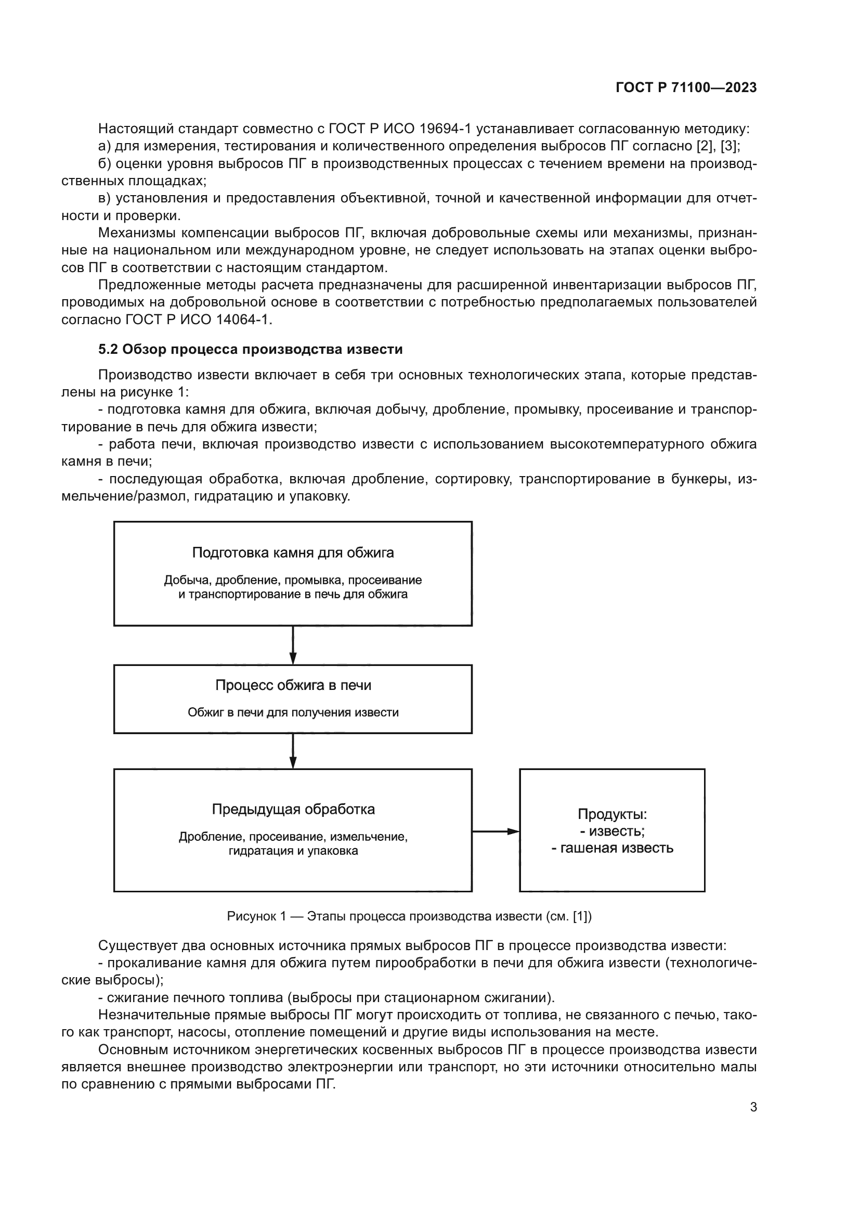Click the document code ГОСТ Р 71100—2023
coord(686,88)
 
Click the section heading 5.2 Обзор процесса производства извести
coord(251,349)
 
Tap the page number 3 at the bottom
coord(753,1107)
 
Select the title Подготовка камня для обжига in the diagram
coord(293,553)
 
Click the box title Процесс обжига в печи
coord(293,685)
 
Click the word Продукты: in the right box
coord(612,814)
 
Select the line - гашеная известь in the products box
coord(612,848)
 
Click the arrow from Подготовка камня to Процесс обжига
coord(293,645)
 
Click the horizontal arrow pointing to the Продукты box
coord(495,831)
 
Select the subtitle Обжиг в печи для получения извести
coord(293,712)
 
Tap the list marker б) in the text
coord(105,164)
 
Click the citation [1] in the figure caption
coord(582,916)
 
